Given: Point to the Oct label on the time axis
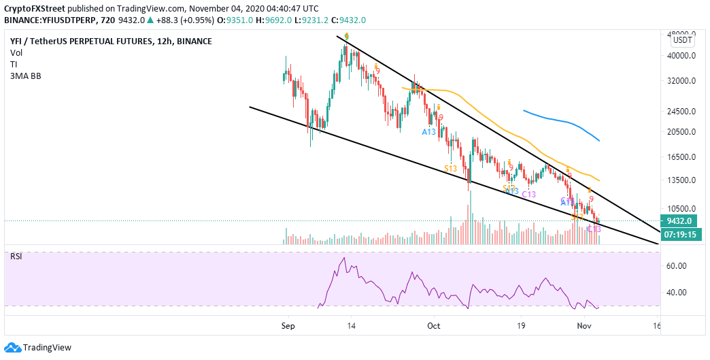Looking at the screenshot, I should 434,325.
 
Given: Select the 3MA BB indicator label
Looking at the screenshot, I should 26,76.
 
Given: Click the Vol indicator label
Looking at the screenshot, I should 17,53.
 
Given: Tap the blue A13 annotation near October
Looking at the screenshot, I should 428,132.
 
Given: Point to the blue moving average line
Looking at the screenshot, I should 564,122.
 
